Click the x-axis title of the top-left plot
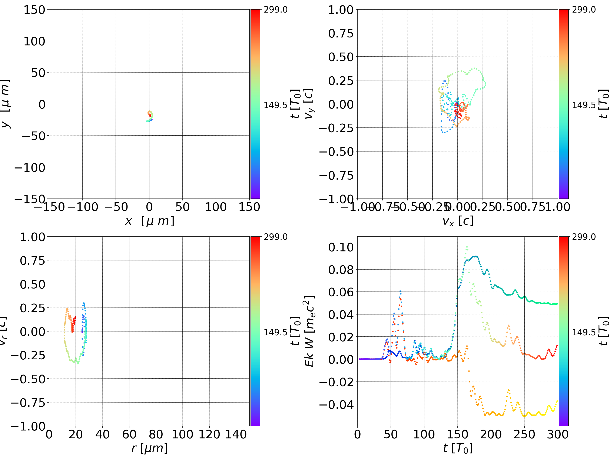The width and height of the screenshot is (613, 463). click(x=149, y=221)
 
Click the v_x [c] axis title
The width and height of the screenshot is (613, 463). click(x=458, y=221)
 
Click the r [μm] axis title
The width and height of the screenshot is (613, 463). click(x=149, y=448)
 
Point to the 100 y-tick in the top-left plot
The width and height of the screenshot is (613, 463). click(x=34, y=41)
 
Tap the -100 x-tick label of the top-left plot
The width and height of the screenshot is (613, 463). click(x=83, y=207)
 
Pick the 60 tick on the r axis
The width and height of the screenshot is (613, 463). click(x=129, y=434)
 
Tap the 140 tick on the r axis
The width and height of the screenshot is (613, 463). click(x=236, y=434)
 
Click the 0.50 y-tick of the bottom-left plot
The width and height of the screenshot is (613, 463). click(x=32, y=284)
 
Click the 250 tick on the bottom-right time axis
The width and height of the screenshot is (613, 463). click(x=524, y=434)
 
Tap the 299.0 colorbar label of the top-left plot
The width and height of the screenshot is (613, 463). click(x=275, y=10)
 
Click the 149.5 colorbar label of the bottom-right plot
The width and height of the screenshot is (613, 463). click(x=584, y=332)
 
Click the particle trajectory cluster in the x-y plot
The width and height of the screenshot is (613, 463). click(x=150, y=116)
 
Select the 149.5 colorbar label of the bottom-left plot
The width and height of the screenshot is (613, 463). click(x=275, y=332)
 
